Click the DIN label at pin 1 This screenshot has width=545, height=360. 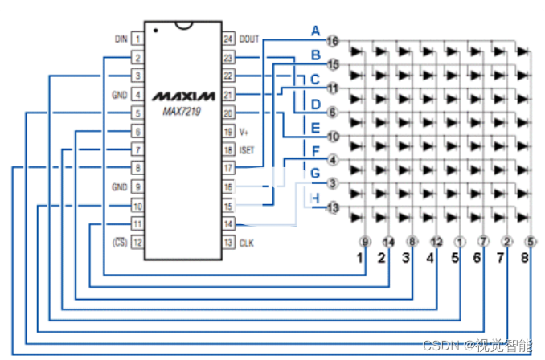121,38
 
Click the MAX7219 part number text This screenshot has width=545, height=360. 184,111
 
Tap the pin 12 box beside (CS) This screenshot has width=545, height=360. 138,242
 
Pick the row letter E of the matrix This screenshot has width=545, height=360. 316,128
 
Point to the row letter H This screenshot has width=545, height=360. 316,198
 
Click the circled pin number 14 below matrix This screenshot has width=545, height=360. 389,240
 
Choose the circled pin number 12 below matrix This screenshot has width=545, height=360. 436,240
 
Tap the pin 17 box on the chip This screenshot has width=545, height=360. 228,168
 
